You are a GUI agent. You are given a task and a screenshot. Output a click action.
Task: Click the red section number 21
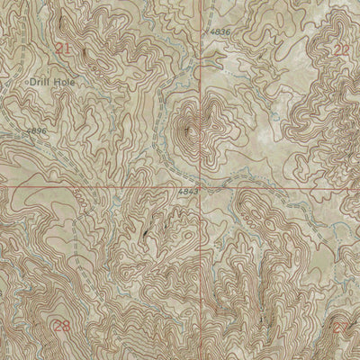tap(63, 49)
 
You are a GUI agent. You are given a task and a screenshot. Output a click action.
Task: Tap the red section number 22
tap(341, 49)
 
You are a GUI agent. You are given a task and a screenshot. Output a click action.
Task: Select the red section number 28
tap(61, 326)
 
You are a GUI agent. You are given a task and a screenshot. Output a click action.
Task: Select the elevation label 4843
tap(187, 192)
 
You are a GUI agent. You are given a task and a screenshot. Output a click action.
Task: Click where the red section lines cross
tap(200, 188)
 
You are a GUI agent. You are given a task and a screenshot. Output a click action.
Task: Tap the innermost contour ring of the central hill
tap(194, 121)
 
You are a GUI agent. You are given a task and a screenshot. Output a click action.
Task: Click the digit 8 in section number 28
tap(66, 326)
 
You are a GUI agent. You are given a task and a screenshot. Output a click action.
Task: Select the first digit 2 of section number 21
tap(58, 49)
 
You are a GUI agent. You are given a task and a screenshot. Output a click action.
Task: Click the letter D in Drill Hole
tap(33, 81)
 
